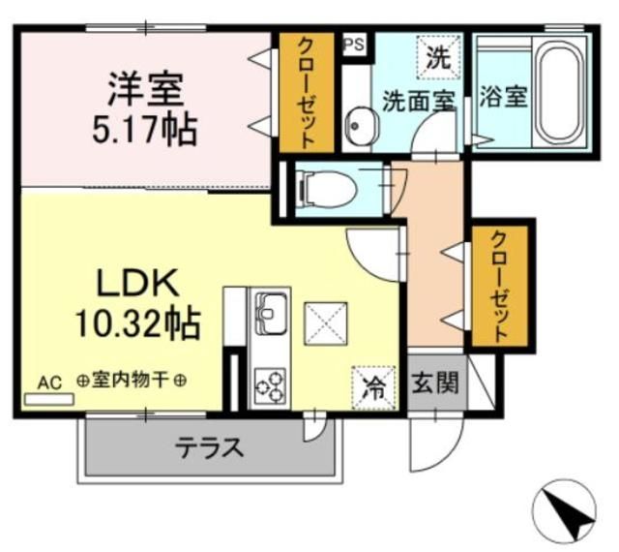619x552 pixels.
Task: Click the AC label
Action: click(x=49, y=382)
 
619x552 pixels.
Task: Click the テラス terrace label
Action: click(x=208, y=448)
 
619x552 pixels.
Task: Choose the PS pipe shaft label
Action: click(x=354, y=44)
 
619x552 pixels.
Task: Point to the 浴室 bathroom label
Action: click(x=503, y=98)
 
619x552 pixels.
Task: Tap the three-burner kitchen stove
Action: click(x=270, y=387)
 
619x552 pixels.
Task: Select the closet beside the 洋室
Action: click(x=305, y=92)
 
